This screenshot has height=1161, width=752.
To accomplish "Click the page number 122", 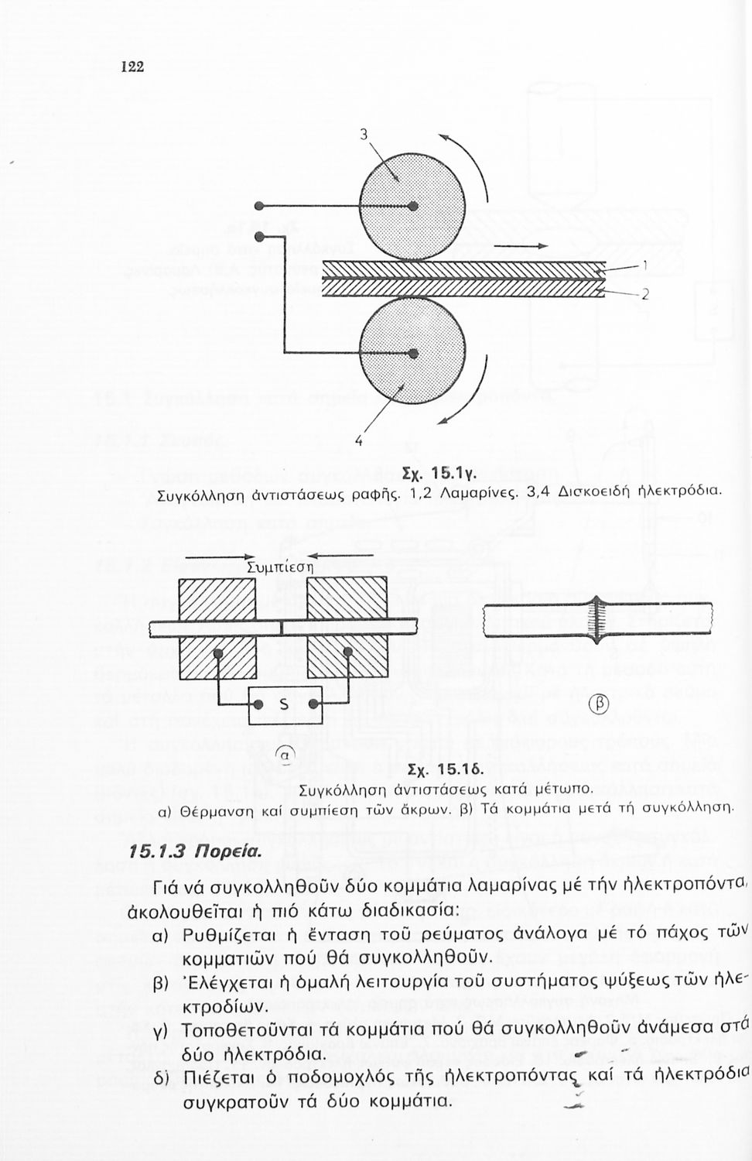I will point(132,67).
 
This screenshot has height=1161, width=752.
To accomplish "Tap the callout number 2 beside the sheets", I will point(644,295).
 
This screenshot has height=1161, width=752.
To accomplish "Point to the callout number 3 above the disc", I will point(364,133).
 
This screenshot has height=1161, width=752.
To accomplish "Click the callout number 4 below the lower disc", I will point(358,442).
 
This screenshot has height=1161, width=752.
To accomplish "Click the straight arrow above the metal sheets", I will point(520,247).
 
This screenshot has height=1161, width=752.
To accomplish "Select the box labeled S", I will point(284,705).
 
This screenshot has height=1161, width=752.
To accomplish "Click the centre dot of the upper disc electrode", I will point(413,206).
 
